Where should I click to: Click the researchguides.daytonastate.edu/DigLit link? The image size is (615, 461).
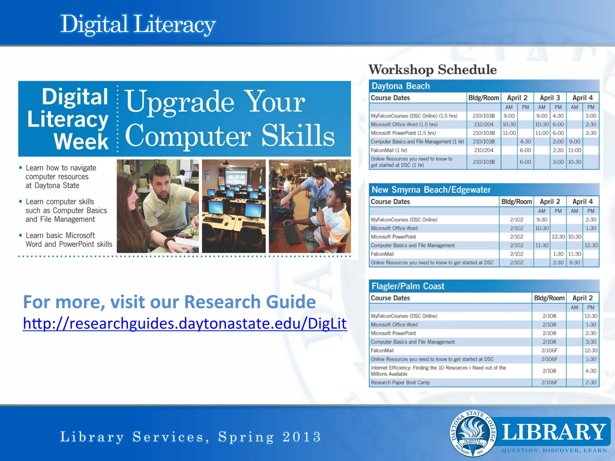tap(185, 324)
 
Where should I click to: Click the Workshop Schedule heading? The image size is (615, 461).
tap(432, 70)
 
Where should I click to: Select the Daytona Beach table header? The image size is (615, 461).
tap(401, 86)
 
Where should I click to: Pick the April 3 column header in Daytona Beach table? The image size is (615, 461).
tap(550, 98)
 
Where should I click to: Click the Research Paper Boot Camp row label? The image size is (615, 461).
tap(400, 383)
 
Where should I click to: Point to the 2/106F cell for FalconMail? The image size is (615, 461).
tap(549, 351)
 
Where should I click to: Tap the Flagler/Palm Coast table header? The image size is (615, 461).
tap(408, 286)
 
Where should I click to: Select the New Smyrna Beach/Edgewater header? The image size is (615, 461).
tap(431, 190)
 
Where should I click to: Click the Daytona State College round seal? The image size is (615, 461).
tap(473, 433)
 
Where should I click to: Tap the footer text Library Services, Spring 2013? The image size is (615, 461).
tap(190, 437)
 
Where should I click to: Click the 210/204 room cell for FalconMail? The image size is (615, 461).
tap(483, 150)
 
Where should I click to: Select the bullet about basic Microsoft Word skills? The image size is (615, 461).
tap(69, 240)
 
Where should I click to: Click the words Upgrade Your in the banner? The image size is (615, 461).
tap(215, 102)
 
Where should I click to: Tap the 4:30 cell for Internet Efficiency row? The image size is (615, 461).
tap(590, 371)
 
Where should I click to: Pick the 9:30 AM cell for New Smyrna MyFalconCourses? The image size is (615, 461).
tap(541, 220)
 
